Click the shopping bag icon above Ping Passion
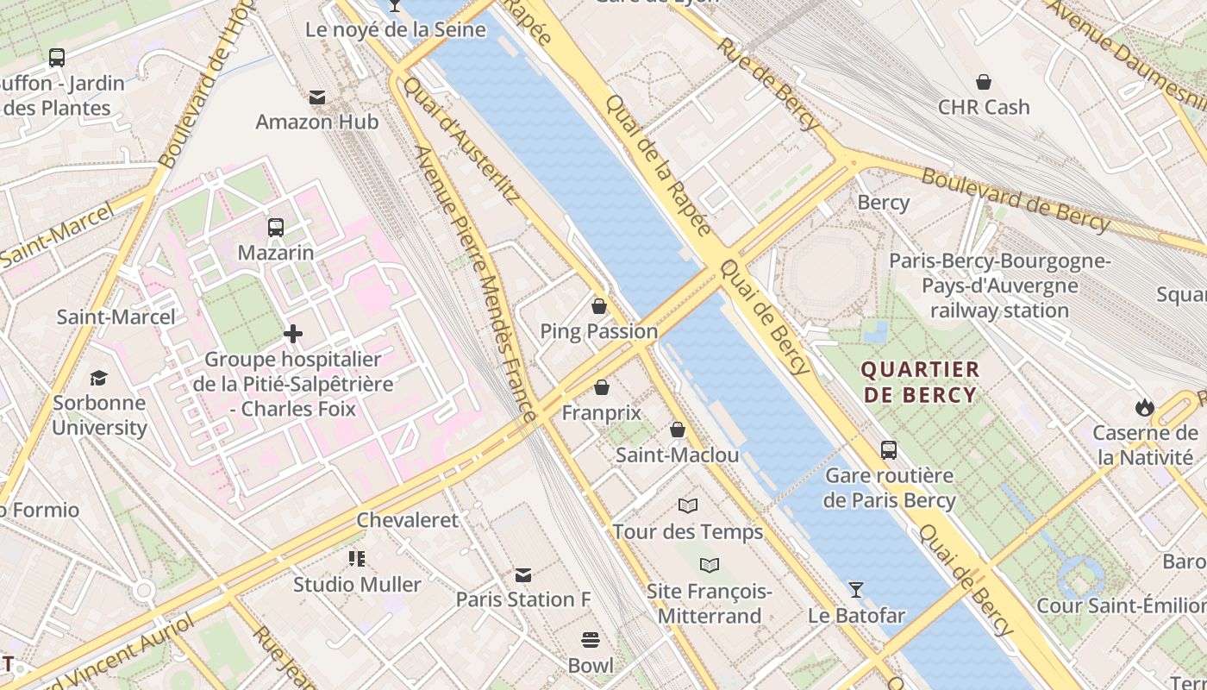click(x=599, y=306)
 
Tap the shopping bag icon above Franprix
click(x=601, y=388)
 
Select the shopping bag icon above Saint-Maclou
click(x=678, y=430)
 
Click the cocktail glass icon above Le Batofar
click(x=855, y=590)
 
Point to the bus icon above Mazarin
click(x=276, y=228)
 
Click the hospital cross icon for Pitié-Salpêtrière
click(x=293, y=334)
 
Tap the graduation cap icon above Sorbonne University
click(x=99, y=378)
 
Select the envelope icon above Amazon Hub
click(x=317, y=97)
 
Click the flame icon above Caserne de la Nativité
click(x=1145, y=407)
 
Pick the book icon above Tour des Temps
click(x=688, y=505)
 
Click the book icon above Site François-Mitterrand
click(x=710, y=565)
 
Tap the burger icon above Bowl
click(x=591, y=640)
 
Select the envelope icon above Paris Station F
click(x=523, y=574)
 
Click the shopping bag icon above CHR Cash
click(x=984, y=82)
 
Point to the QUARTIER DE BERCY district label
click(x=921, y=382)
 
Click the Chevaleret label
click(x=408, y=520)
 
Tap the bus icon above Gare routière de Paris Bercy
click(x=889, y=450)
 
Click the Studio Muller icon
click(x=357, y=559)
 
